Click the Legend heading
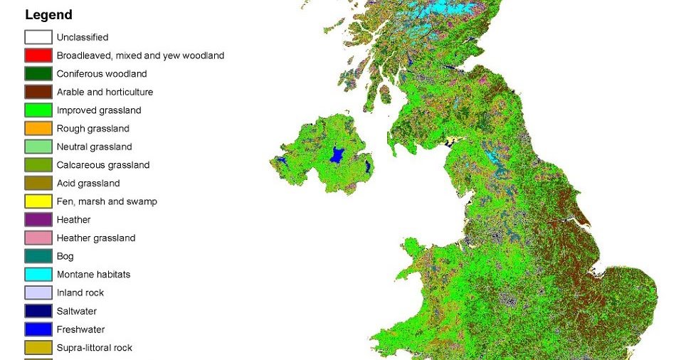[x=48, y=15]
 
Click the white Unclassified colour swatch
[x=38, y=37]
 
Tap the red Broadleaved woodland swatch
[x=38, y=55]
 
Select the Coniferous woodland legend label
[x=102, y=74]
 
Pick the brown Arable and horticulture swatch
[x=38, y=92]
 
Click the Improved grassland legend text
[x=99, y=110]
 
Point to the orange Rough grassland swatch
[x=38, y=129]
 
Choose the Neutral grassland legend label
[x=95, y=147]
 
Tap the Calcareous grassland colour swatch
[x=38, y=165]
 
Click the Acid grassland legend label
[x=88, y=184]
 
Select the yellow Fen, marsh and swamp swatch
[x=38, y=201]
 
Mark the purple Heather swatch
[x=38, y=220]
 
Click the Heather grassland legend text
[x=96, y=238]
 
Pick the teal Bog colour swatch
[x=38, y=256]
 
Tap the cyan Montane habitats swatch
[x=38, y=275]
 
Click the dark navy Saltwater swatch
[x=38, y=311]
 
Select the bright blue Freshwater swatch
[x=38, y=329]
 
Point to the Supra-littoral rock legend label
[x=95, y=348]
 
